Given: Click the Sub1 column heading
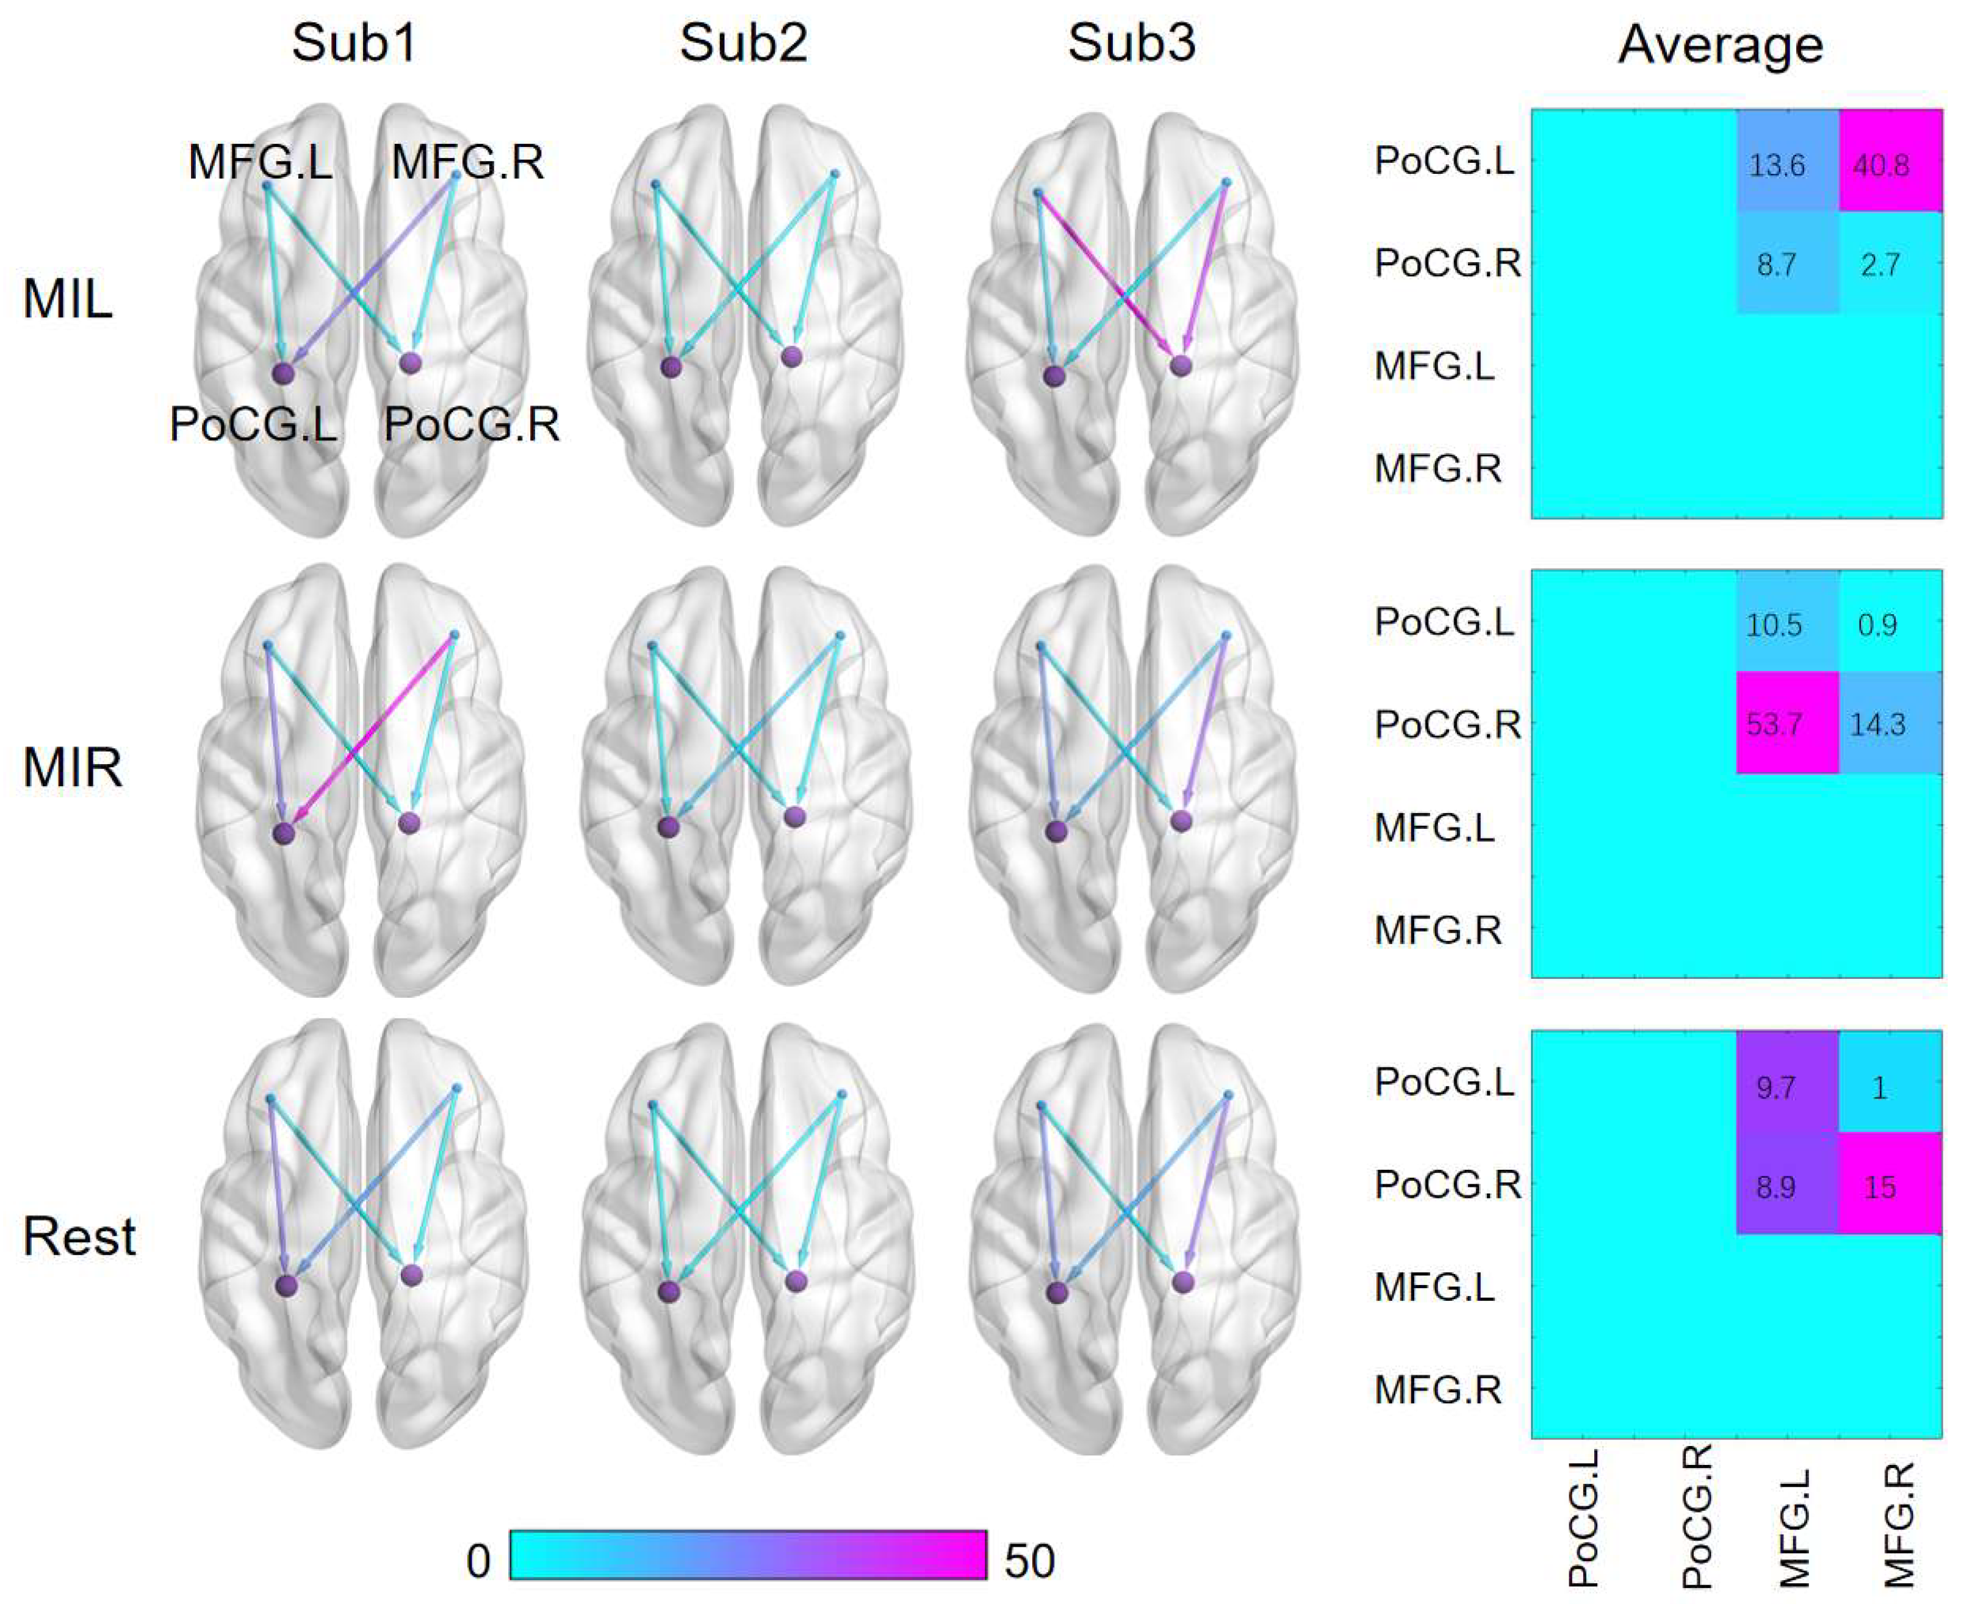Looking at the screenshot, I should tap(354, 43).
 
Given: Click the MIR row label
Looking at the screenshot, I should tap(72, 768).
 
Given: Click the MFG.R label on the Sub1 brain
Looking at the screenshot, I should tap(468, 163).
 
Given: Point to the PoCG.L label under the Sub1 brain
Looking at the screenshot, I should tap(253, 425).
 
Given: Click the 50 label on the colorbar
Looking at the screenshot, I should tap(1029, 1561).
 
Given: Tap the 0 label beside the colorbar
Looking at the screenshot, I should tap(478, 1561).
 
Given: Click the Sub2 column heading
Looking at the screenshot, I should tap(743, 43).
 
